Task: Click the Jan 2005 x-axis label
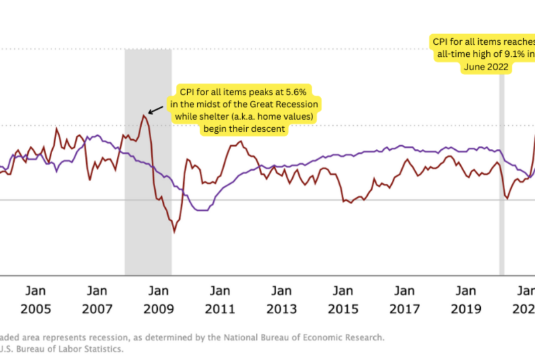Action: click(x=36, y=300)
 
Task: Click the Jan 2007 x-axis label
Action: click(x=98, y=300)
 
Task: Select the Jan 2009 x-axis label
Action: click(x=158, y=300)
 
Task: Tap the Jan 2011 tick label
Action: click(x=220, y=300)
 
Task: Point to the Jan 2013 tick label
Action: click(x=282, y=300)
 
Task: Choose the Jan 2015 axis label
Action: click(x=343, y=300)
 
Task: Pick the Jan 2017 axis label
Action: click(x=405, y=300)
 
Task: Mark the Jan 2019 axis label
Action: click(x=466, y=300)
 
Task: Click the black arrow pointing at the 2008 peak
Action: click(x=155, y=110)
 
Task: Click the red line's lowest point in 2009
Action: click(x=175, y=232)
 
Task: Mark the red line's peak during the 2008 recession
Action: click(x=143, y=116)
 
